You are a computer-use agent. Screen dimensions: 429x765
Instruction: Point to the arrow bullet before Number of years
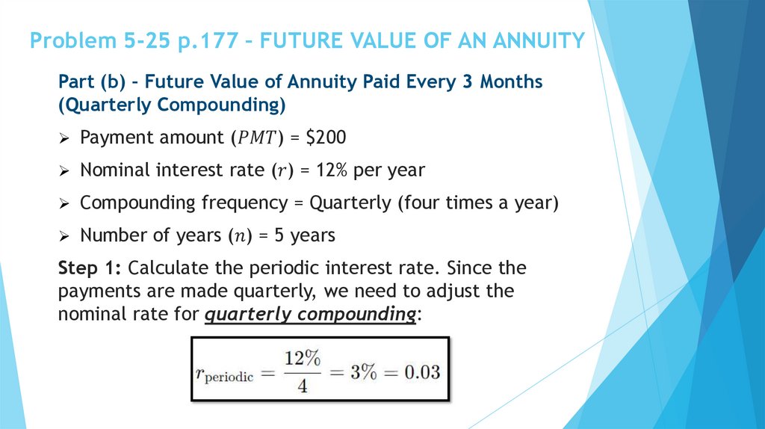pyautogui.click(x=64, y=236)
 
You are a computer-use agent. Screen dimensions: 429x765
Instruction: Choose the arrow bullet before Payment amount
pyautogui.click(x=64, y=138)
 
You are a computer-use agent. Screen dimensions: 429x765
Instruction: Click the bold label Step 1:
pyautogui.click(x=91, y=268)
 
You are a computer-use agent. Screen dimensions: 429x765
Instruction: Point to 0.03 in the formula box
pyautogui.click(x=418, y=371)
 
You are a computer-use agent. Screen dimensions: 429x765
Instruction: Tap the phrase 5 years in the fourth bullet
pyautogui.click(x=305, y=235)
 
